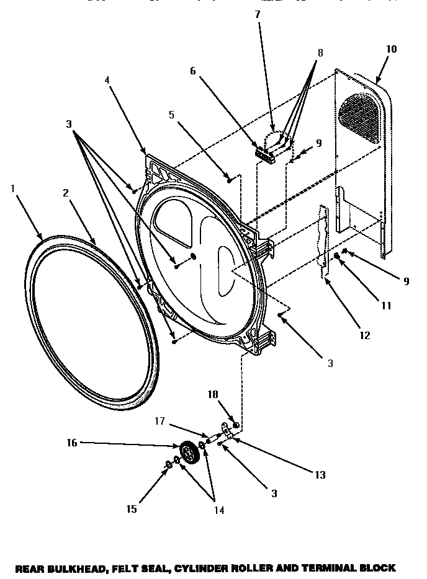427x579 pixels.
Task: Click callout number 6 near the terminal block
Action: pos(193,71)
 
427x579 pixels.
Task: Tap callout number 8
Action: pos(320,53)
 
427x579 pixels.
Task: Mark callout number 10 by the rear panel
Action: pos(391,49)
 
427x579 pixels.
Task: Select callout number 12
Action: pos(364,335)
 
